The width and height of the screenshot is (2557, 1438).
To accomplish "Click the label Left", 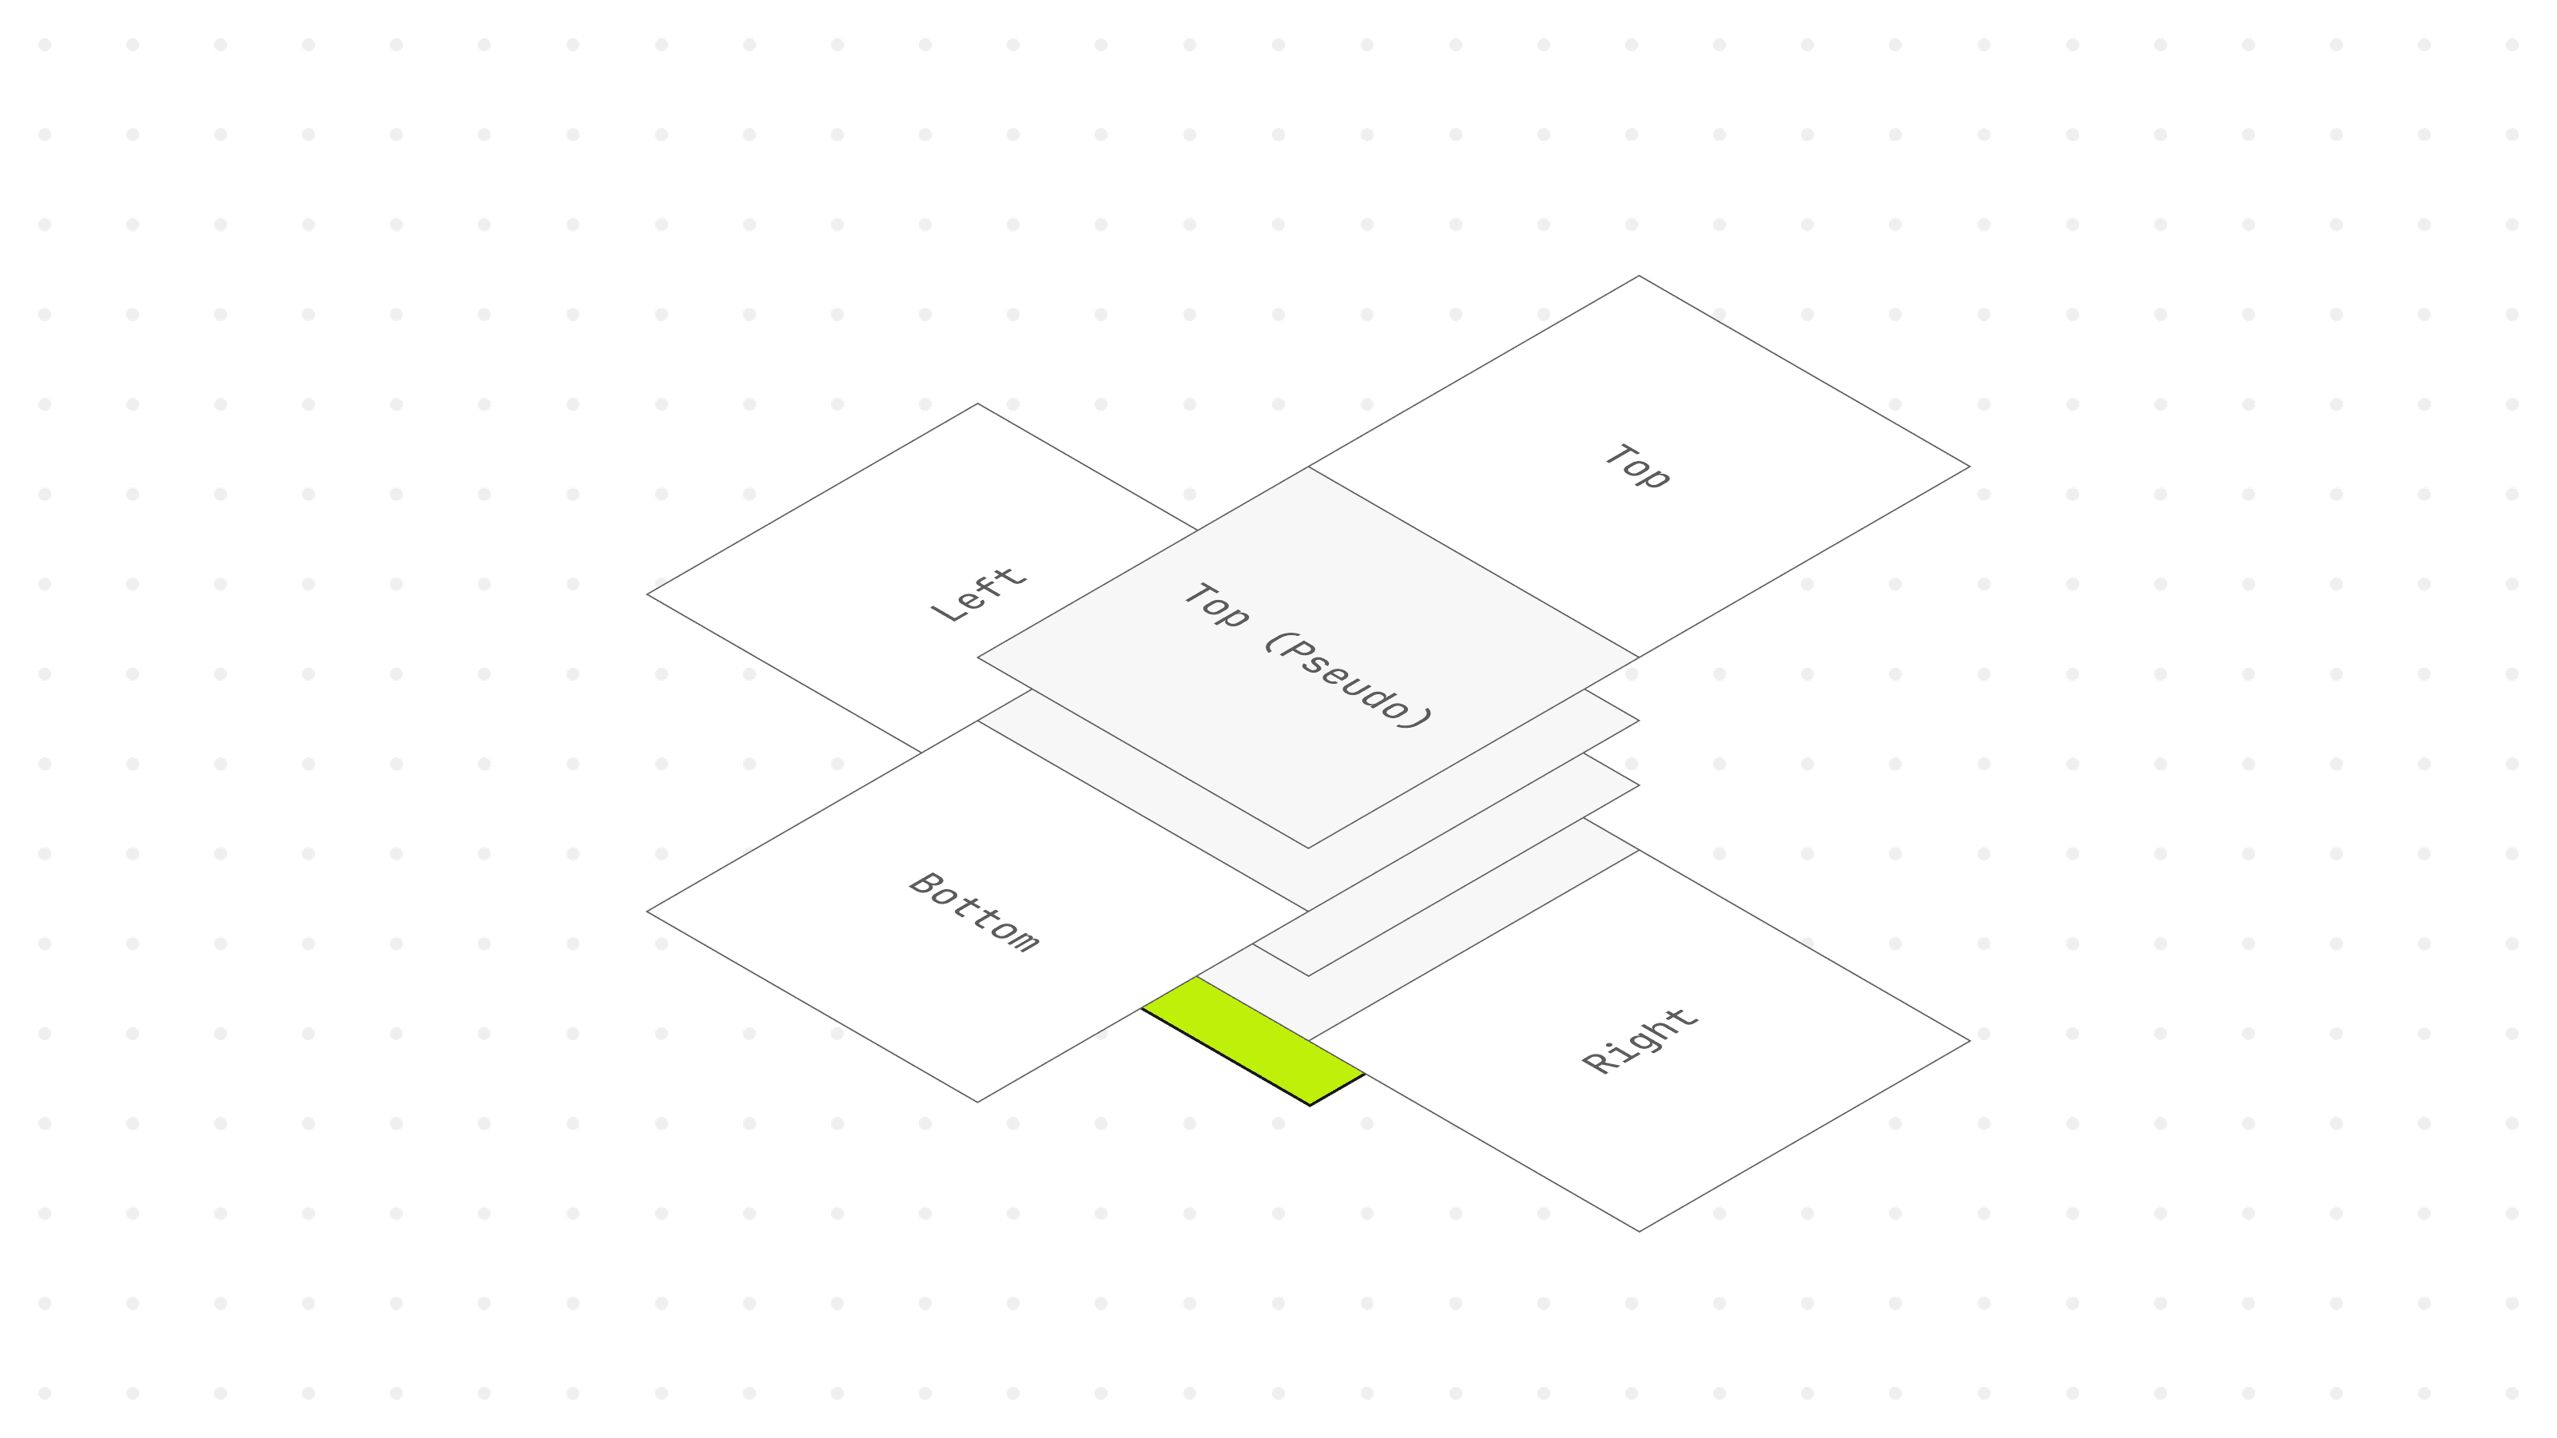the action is point(978,595).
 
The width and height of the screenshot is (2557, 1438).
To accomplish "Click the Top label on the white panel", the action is point(1638,467).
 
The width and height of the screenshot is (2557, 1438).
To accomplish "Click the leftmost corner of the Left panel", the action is point(647,594).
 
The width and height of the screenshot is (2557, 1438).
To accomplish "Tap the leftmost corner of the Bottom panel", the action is point(647,911).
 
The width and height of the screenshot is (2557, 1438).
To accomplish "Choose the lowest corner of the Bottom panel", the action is point(978,1102).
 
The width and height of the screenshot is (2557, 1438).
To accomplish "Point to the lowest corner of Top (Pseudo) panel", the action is point(1307,848).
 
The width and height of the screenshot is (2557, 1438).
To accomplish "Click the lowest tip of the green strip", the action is point(1310,1105).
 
